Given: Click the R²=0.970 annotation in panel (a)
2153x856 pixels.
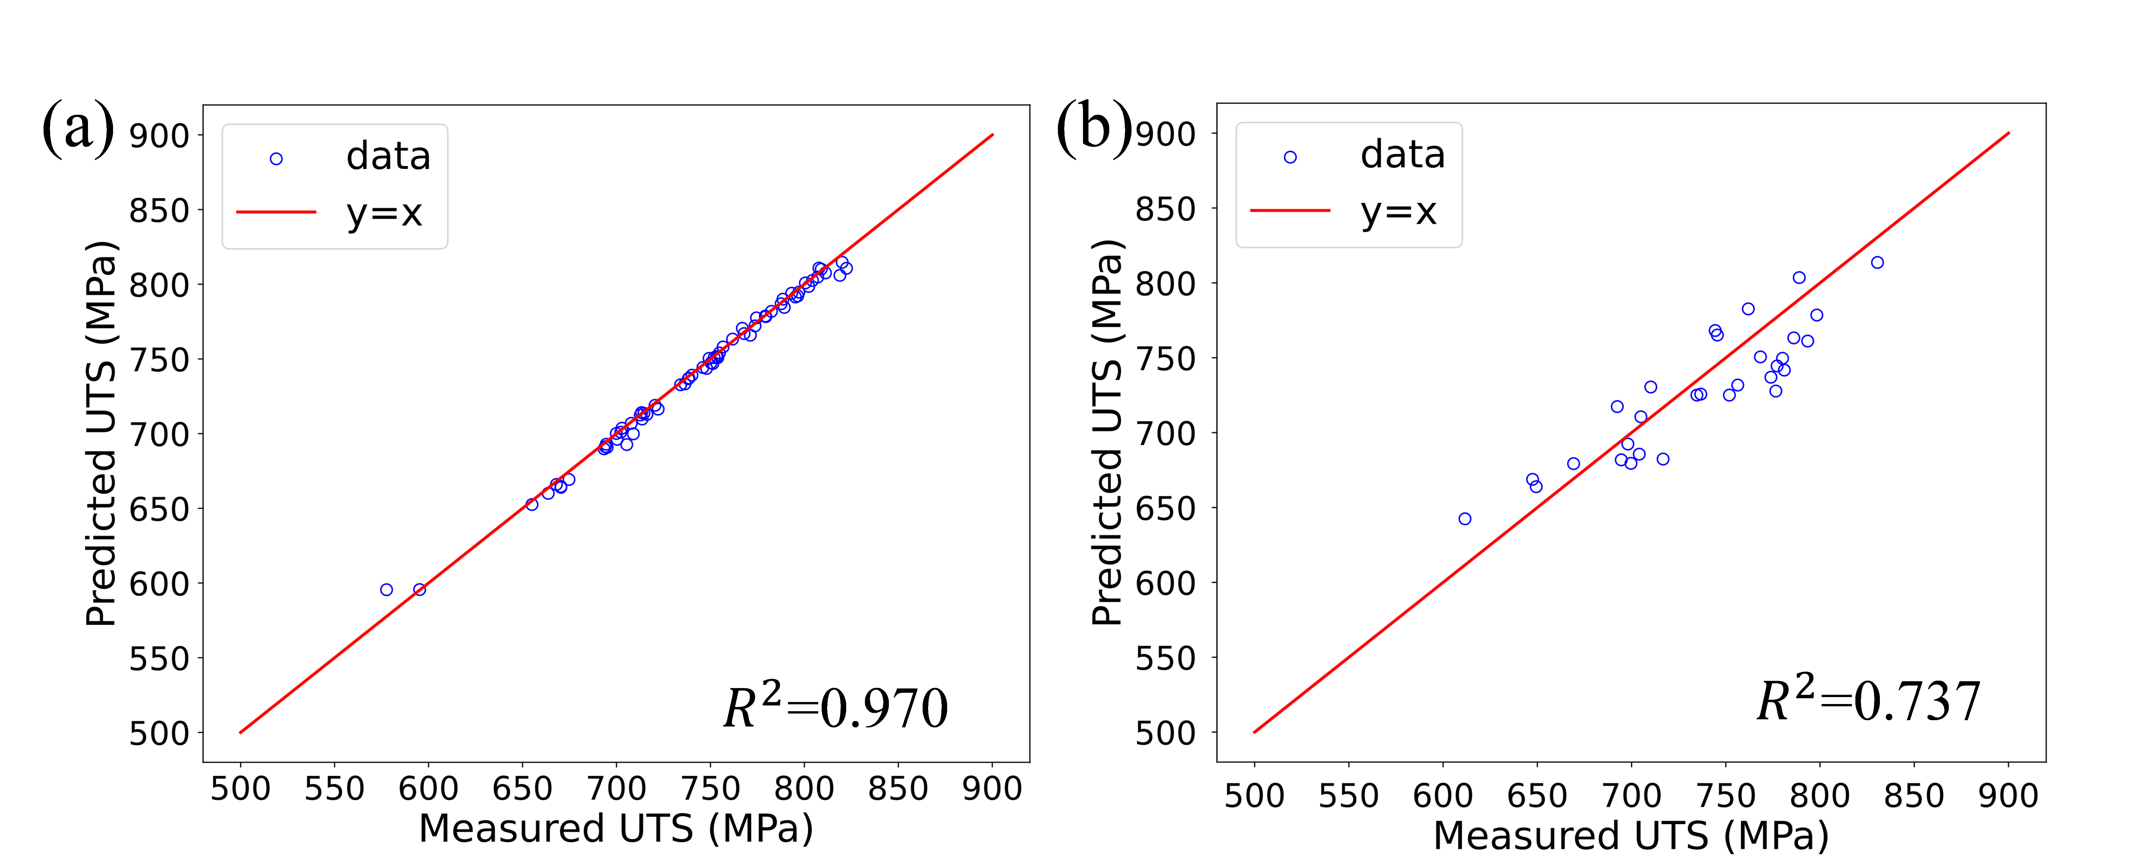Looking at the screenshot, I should click(x=836, y=707).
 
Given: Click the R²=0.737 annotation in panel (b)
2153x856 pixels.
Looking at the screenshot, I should click(x=1869, y=701).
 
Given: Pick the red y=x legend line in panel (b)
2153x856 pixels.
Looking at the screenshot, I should click(x=1289, y=211).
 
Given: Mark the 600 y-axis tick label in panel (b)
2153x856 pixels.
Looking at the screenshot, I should click(x=1165, y=583).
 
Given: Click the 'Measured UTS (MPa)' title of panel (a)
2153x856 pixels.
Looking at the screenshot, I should click(x=616, y=828).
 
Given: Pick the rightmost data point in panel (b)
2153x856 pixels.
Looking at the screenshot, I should click(x=1877, y=262).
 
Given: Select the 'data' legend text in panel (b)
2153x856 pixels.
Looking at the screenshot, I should click(x=1403, y=155).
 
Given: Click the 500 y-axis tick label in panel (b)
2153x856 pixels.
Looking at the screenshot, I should click(x=1165, y=733).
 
